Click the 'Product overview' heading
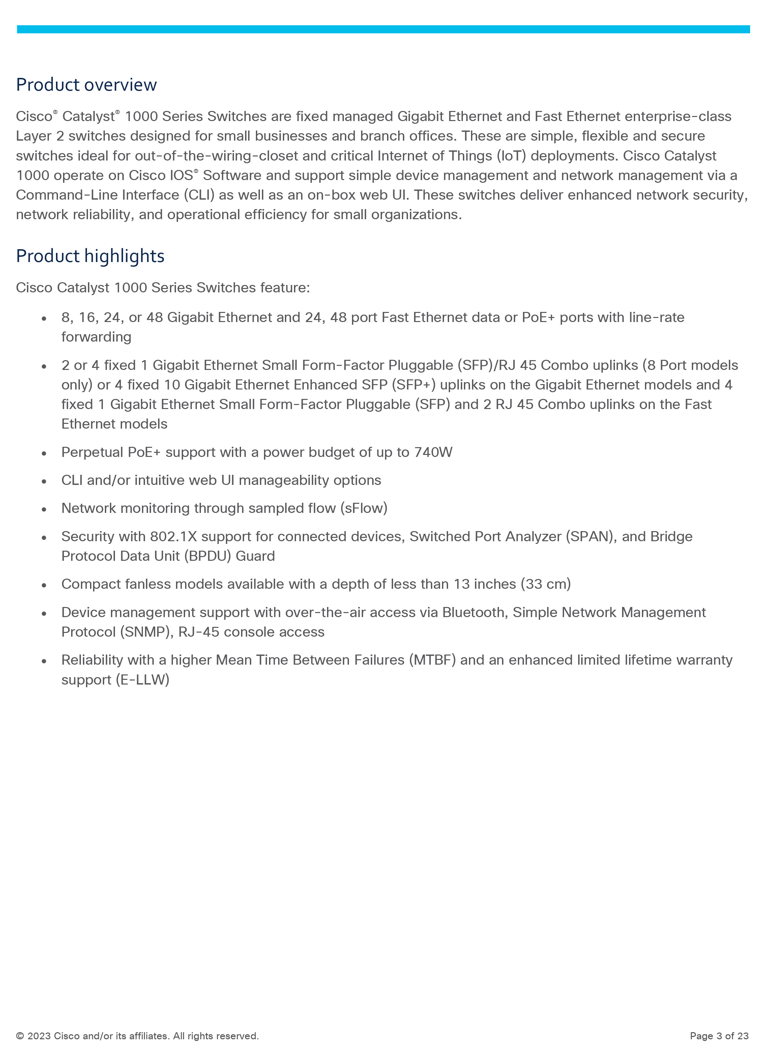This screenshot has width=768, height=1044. tap(86, 85)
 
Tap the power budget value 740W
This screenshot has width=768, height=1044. tap(433, 452)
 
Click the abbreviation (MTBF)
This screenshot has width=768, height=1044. tap(432, 660)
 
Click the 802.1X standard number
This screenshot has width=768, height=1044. tap(173, 536)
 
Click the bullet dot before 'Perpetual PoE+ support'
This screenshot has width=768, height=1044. tap(44, 453)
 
